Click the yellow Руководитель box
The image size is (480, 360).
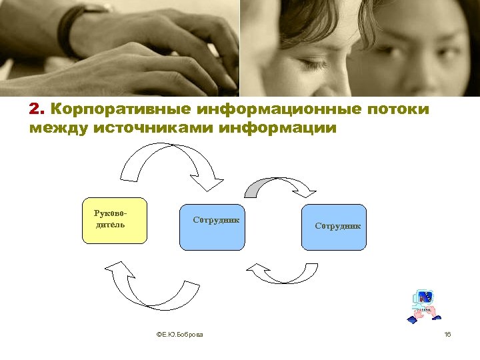[x=114, y=221]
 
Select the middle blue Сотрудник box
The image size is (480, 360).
[x=216, y=227]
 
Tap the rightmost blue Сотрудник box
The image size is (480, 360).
[x=334, y=227]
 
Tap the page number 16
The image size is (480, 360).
[x=447, y=333]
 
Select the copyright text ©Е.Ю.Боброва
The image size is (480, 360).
[x=179, y=333]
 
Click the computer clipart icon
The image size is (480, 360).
[x=422, y=306]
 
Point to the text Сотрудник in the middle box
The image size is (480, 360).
[x=216, y=220]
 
